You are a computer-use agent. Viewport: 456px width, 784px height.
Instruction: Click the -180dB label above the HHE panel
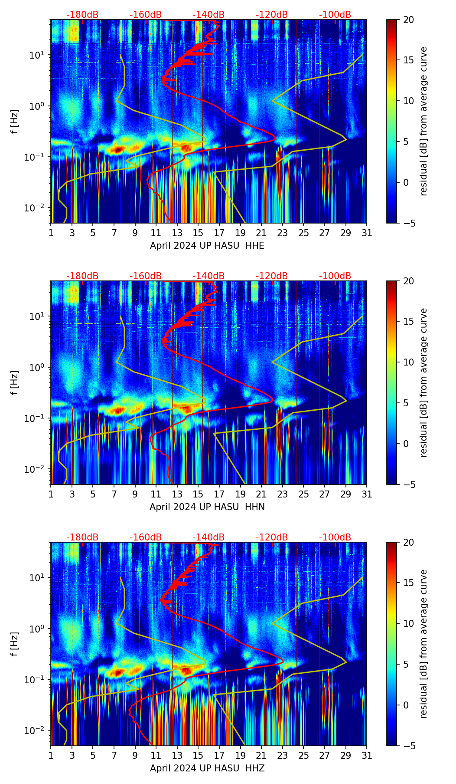click(x=82, y=15)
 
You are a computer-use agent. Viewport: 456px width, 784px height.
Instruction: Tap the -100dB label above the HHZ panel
click(x=335, y=537)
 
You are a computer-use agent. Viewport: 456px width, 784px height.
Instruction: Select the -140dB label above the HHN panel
click(x=208, y=276)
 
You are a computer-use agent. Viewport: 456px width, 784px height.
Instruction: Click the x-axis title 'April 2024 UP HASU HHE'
click(x=207, y=246)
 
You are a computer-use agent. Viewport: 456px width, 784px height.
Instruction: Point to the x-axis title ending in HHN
click(x=207, y=507)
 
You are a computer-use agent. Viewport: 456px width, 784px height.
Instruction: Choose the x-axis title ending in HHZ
click(x=207, y=768)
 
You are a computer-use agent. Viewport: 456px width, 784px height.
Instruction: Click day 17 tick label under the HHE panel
click(x=219, y=233)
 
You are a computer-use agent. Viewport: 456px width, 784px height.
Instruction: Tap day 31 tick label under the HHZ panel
click(x=367, y=756)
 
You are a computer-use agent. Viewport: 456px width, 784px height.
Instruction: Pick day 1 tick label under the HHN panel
click(x=51, y=494)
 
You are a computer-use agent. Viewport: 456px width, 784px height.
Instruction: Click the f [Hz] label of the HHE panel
click(x=15, y=121)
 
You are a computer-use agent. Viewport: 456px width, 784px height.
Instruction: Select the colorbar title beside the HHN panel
click(x=423, y=382)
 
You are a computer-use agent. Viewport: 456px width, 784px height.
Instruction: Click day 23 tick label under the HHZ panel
click(x=283, y=756)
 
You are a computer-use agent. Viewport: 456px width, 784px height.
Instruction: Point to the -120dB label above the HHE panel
click(x=272, y=15)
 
